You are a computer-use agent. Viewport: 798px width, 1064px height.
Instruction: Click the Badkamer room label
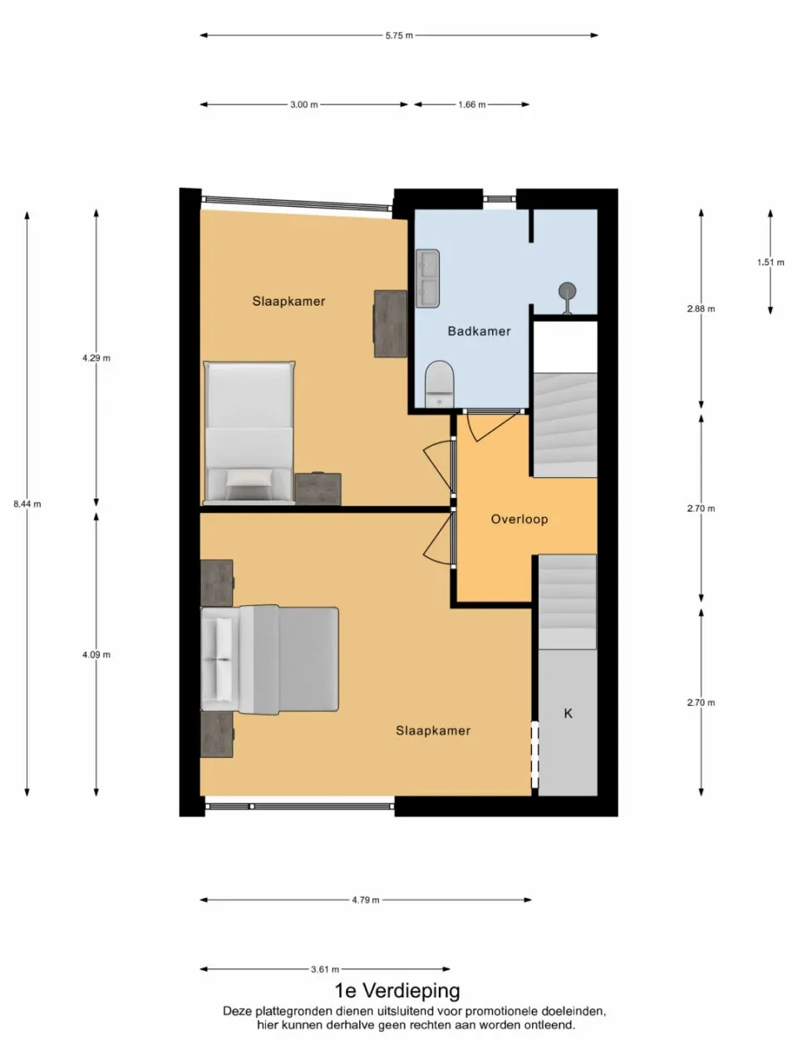point(479,331)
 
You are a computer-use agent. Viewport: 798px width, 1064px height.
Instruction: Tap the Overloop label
point(519,520)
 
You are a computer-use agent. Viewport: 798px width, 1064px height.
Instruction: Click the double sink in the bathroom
point(427,278)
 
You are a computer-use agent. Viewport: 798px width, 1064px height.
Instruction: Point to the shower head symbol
point(568,292)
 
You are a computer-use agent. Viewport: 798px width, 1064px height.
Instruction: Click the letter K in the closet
point(569,713)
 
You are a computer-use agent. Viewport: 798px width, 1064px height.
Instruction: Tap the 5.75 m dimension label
point(399,36)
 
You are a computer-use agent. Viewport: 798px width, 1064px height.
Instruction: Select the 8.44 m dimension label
point(27,504)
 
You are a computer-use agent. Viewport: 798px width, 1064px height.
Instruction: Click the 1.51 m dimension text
point(771,263)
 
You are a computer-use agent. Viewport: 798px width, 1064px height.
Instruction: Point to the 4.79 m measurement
point(366,900)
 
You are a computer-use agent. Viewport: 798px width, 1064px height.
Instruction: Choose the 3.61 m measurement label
point(325,969)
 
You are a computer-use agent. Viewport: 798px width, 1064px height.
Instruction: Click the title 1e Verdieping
point(397,991)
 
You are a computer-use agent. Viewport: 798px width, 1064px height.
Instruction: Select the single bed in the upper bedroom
point(249,432)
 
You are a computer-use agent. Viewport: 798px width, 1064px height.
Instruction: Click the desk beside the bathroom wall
point(390,323)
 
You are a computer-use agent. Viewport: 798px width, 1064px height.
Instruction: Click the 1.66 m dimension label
point(471,105)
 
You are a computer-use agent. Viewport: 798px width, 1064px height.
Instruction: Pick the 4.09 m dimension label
point(96,655)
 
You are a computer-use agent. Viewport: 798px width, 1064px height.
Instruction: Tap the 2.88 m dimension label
point(701,309)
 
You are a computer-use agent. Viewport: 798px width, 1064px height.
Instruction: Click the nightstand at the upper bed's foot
point(318,489)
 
